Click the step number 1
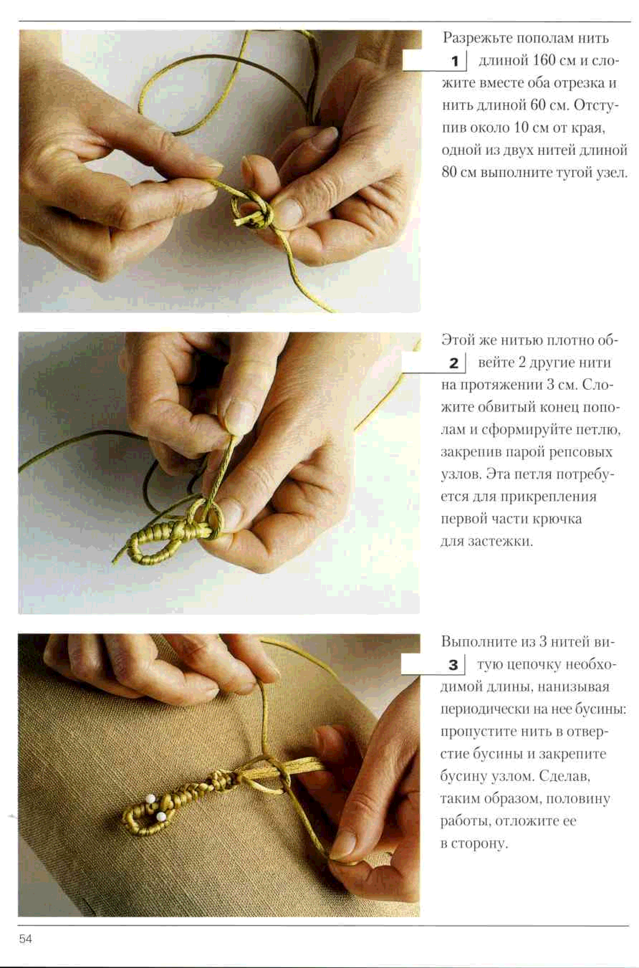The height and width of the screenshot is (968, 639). tap(455, 62)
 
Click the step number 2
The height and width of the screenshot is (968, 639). tap(454, 363)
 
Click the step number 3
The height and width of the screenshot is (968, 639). tap(453, 665)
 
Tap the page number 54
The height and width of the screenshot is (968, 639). tap(25, 939)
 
